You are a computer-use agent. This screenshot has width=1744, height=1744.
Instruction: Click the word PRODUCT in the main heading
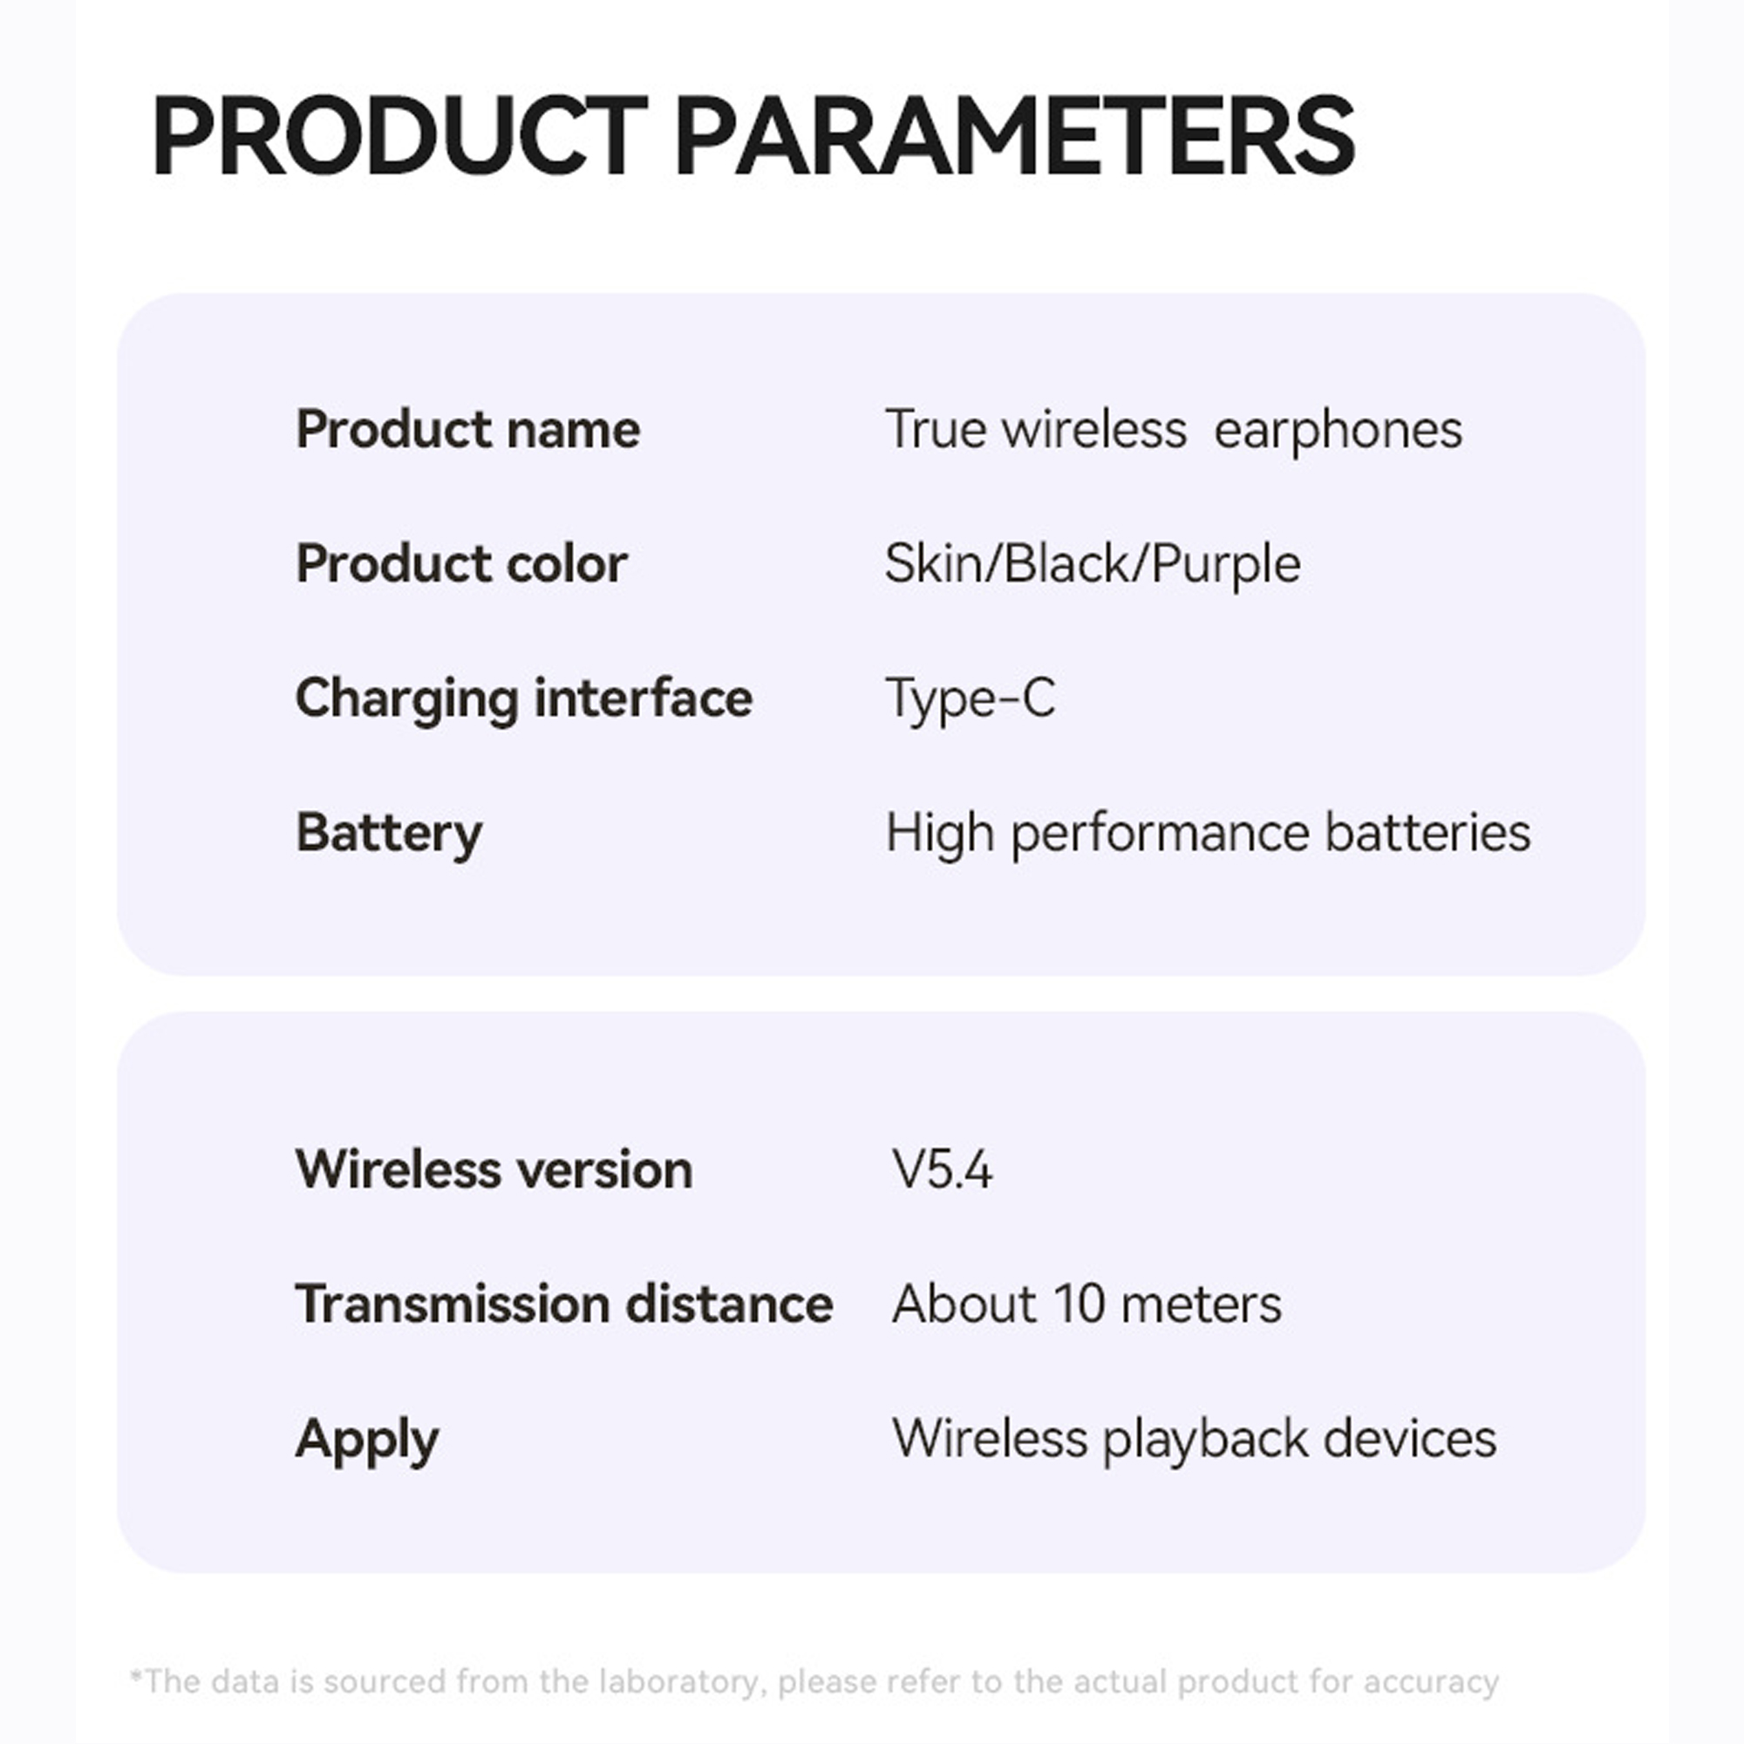tap(400, 136)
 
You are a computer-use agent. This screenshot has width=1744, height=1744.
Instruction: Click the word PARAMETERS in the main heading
tap(1015, 136)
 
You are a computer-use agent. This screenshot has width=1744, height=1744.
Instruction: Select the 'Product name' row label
tap(467, 429)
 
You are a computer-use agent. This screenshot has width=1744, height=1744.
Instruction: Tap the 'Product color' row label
tap(461, 564)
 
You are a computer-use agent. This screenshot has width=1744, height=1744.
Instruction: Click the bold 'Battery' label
tap(389, 833)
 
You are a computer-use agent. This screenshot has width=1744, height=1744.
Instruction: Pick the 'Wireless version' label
tap(494, 1170)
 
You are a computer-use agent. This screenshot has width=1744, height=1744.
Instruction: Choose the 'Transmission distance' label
tap(564, 1305)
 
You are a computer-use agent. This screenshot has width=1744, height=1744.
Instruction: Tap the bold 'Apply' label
tap(367, 1440)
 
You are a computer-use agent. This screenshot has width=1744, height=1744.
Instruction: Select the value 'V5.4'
tap(943, 1170)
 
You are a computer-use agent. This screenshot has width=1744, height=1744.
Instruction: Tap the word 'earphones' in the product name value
tap(1338, 431)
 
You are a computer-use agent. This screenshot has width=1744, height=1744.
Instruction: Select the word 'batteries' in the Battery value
tap(1428, 833)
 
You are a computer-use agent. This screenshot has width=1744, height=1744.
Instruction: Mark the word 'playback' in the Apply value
tap(1205, 1440)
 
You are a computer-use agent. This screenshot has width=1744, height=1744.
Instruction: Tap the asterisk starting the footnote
tap(136, 1678)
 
